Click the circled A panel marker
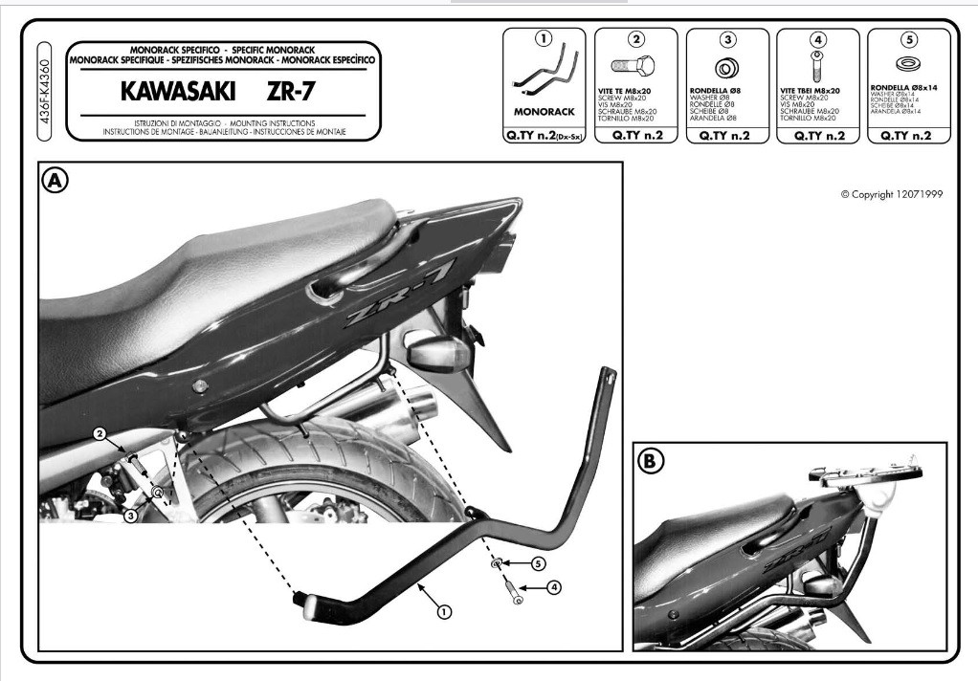coord(55,180)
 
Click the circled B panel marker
coord(651,461)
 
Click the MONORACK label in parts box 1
coord(544,112)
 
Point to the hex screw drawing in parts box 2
coord(636,68)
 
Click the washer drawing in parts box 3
coord(727,69)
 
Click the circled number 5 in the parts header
coord(908,40)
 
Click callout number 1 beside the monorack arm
coord(444,610)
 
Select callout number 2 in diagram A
coord(99,433)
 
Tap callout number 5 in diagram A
coord(539,564)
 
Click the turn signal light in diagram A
coord(438,354)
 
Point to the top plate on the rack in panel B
coord(866,471)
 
